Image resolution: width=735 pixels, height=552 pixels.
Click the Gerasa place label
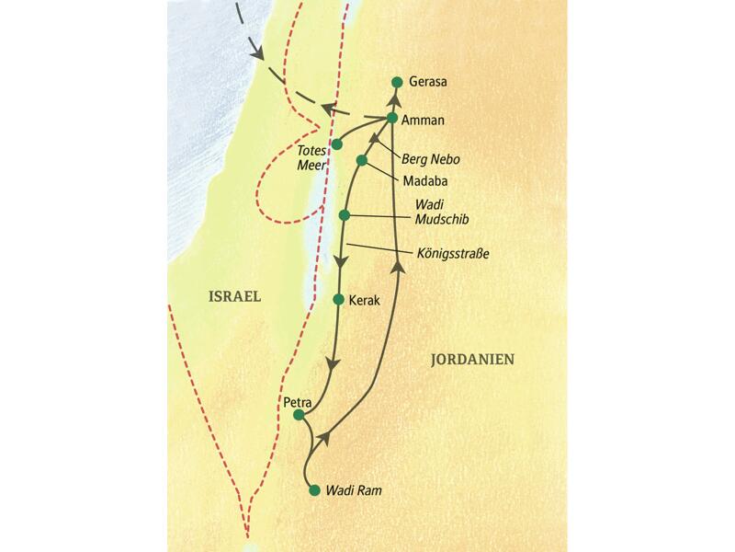click(x=427, y=82)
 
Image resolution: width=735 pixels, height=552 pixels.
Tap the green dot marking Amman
click(x=392, y=118)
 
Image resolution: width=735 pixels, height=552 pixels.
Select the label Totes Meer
click(x=309, y=157)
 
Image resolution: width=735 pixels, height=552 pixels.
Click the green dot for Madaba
click(x=362, y=161)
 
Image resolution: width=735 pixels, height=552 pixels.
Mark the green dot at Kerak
click(x=339, y=300)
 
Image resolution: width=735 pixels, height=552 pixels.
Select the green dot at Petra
click(x=298, y=415)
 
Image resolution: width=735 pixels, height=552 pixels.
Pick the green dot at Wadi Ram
click(x=314, y=490)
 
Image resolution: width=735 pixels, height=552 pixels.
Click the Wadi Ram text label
click(x=353, y=491)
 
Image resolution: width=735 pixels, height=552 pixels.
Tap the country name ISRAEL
click(x=232, y=297)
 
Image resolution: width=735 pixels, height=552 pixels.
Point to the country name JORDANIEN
click(x=472, y=360)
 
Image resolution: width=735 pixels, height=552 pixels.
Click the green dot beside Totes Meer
click(x=337, y=144)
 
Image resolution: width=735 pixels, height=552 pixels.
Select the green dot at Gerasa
click(x=396, y=82)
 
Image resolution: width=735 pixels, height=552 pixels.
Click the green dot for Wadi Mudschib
click(x=345, y=215)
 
